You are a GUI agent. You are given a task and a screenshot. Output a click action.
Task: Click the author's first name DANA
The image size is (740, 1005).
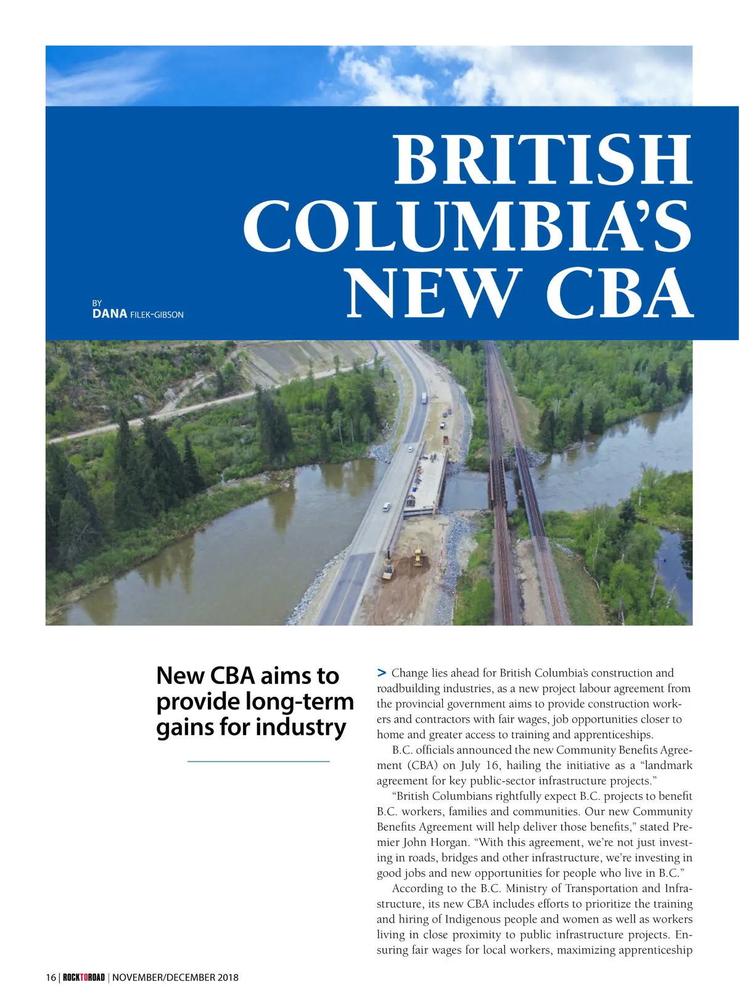(110, 314)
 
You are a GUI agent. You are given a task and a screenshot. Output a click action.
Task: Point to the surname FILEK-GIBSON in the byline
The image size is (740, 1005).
(157, 314)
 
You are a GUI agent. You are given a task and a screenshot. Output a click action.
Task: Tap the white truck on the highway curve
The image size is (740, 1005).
(424, 399)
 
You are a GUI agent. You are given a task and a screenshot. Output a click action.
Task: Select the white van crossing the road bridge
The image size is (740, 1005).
(386, 507)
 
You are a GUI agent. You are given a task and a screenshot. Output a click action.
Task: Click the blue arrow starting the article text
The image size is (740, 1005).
(382, 672)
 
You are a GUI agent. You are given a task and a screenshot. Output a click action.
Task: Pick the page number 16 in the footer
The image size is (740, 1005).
(51, 977)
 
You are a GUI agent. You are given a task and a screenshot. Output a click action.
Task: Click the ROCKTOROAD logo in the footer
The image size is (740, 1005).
(84, 977)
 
